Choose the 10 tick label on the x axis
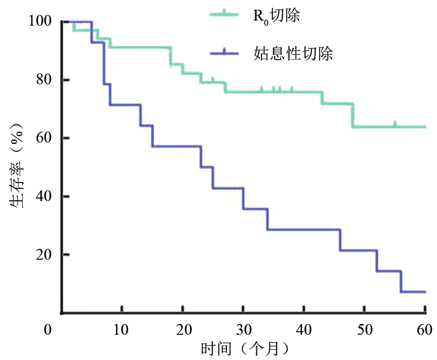(122, 329)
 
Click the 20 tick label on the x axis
(183, 329)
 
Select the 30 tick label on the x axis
(243, 329)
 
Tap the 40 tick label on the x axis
(304, 329)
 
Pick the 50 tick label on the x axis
(364, 329)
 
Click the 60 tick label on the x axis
(425, 329)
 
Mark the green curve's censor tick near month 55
(395, 124)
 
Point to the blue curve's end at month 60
(425, 292)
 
